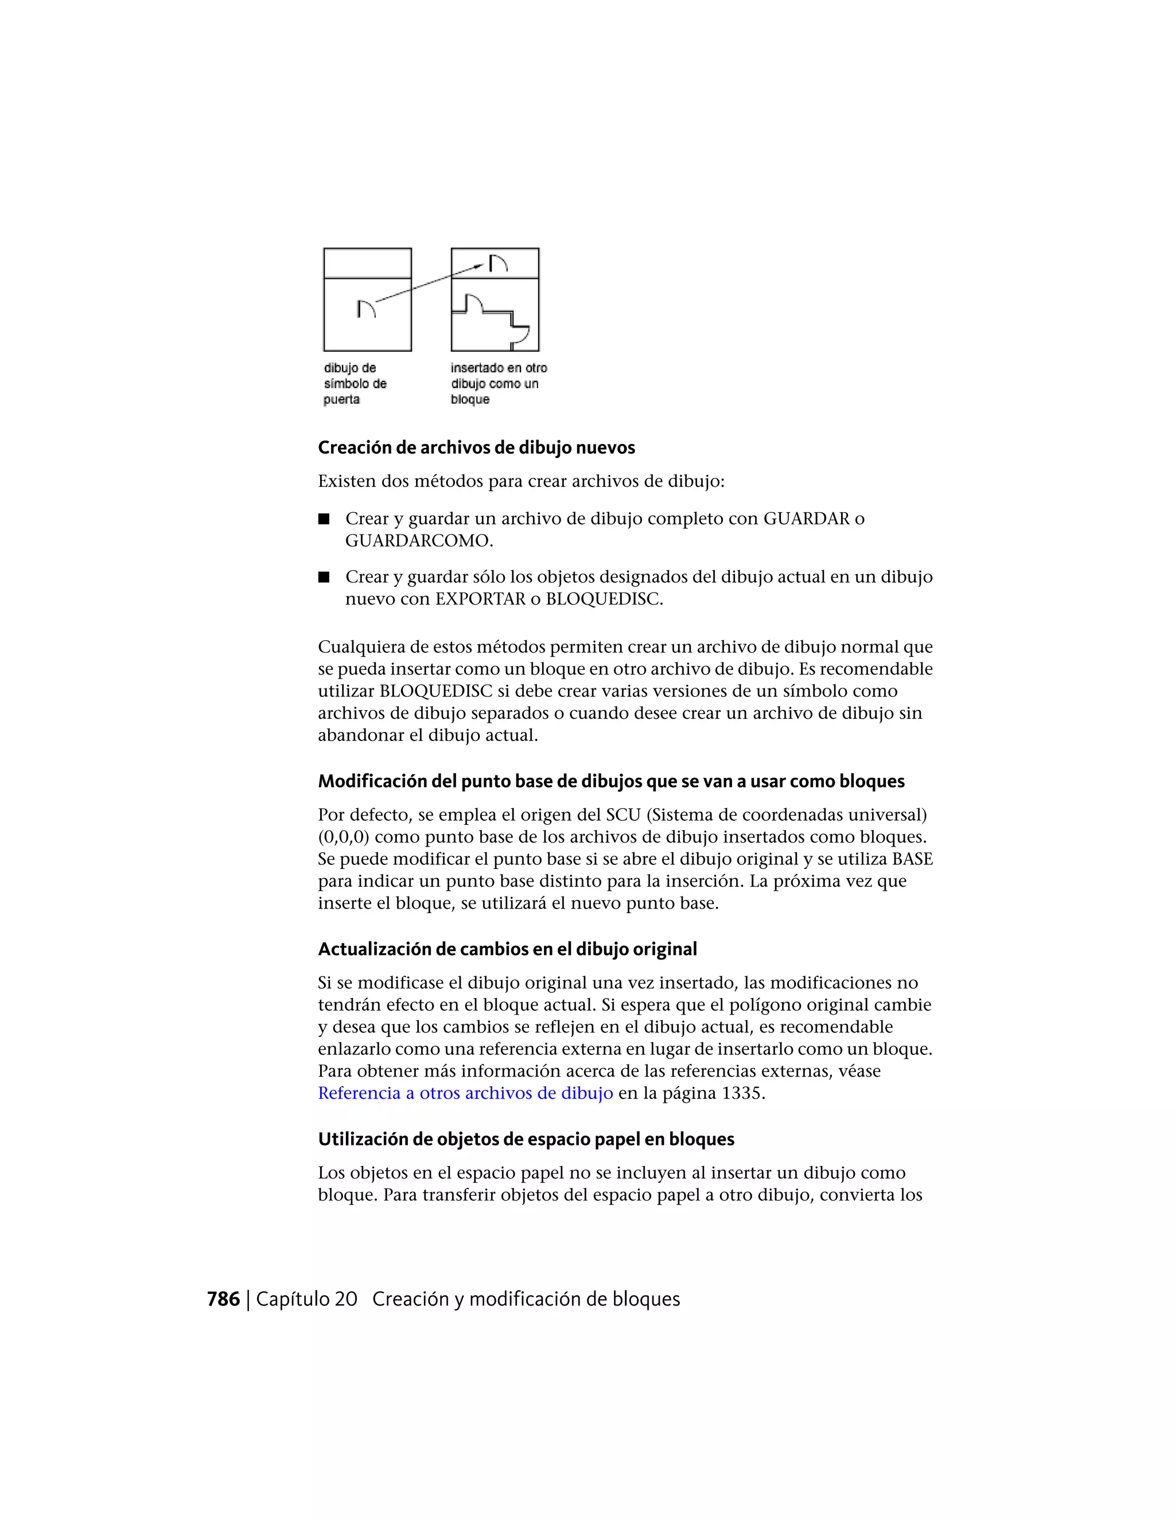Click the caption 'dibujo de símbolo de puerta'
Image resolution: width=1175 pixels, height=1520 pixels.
point(355,384)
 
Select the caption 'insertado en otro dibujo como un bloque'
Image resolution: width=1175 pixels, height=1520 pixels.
point(499,384)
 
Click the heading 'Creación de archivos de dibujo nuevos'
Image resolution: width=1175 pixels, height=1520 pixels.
point(476,447)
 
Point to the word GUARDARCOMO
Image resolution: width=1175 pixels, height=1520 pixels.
point(418,541)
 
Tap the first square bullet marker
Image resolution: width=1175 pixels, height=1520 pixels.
point(324,519)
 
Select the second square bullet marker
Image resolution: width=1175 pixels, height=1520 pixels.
point(324,577)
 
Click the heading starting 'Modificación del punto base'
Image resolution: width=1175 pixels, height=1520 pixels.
point(610,782)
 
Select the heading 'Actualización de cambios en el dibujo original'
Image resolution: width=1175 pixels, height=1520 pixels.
point(507,949)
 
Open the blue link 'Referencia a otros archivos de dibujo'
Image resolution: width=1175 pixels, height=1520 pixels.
point(465,1093)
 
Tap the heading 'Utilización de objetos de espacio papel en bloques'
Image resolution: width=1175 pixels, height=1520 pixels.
point(526,1139)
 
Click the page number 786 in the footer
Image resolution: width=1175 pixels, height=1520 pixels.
point(223,1299)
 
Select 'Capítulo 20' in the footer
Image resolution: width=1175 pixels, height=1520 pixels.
point(306,1299)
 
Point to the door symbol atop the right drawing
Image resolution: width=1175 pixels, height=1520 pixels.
point(496,263)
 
